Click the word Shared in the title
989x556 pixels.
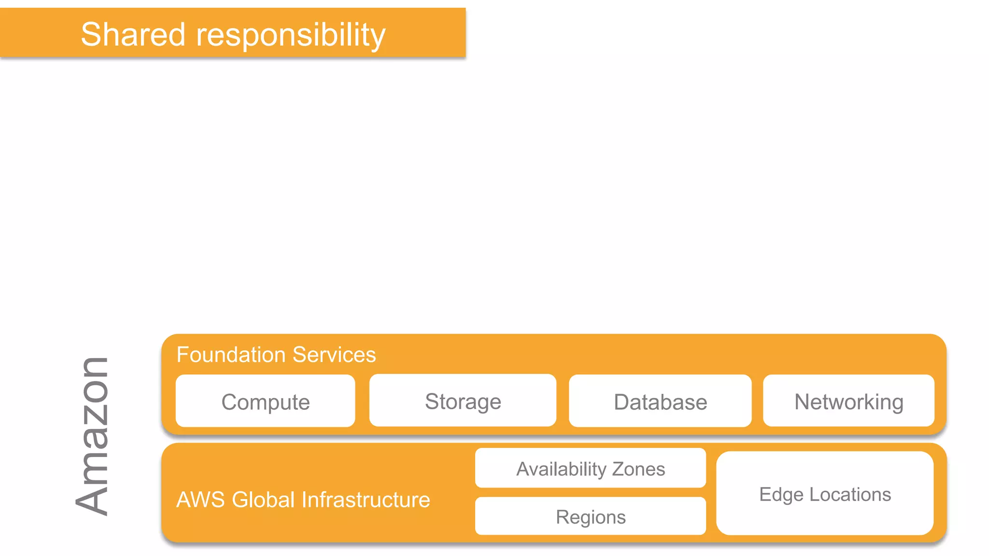[133, 35]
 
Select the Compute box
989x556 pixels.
[265, 401]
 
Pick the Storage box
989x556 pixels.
[463, 401]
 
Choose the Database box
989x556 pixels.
[660, 401]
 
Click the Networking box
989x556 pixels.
[848, 401]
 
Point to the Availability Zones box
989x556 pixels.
[590, 468]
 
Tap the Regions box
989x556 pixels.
[590, 516]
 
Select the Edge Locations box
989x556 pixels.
[825, 494]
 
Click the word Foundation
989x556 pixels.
[231, 355]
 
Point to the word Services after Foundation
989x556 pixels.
[334, 355]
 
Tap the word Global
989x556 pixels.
[263, 500]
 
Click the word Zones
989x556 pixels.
[638, 469]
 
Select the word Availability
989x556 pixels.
[561, 469]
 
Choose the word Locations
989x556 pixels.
[850, 494]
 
